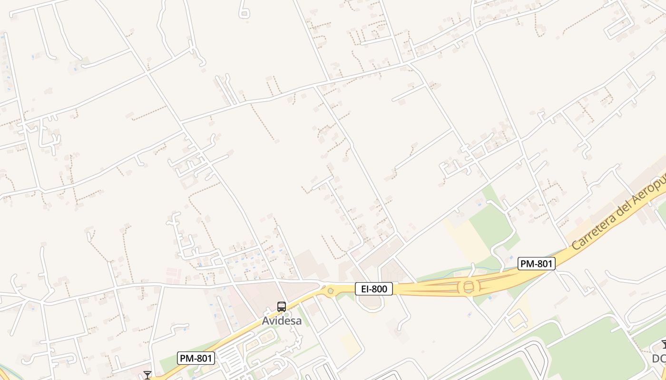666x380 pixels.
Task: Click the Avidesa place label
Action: [282, 321]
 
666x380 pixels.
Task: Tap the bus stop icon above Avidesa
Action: [282, 307]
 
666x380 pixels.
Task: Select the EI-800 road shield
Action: [374, 288]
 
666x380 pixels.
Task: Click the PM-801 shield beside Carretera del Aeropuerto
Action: [537, 264]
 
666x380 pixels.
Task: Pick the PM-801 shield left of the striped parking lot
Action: [196, 358]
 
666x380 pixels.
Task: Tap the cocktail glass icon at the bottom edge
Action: [147, 375]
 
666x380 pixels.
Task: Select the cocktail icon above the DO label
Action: [664, 345]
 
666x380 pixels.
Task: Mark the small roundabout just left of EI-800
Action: [331, 291]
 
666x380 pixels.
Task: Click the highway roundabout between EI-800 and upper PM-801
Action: [469, 286]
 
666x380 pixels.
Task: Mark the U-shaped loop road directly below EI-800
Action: [371, 302]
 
